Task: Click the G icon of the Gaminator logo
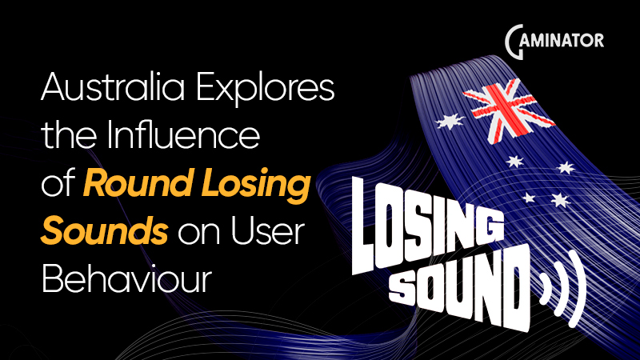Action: click(x=517, y=39)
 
